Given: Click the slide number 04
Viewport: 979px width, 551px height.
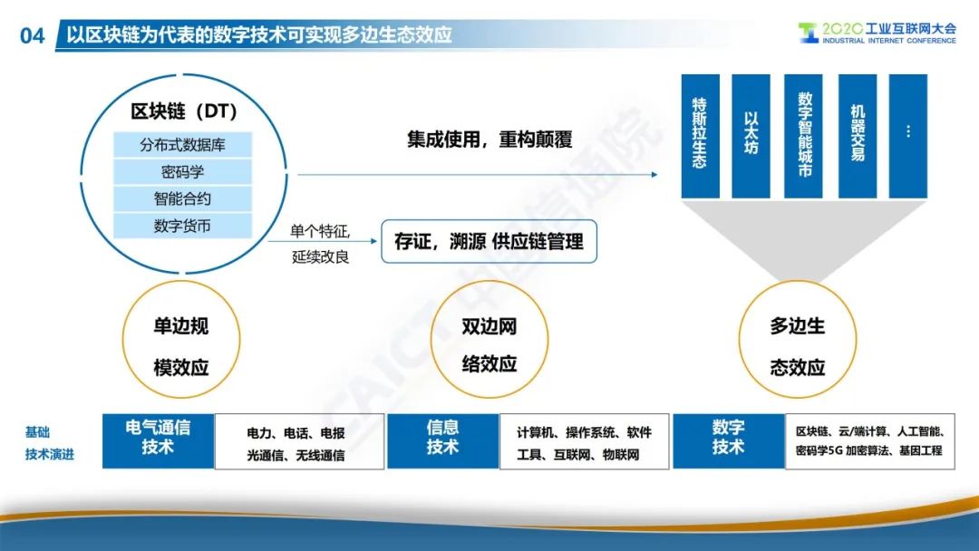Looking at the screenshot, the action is point(33,35).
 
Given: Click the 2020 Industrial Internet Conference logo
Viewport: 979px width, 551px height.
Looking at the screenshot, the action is point(877,33).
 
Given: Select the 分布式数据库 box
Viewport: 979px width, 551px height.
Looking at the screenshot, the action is point(182,145).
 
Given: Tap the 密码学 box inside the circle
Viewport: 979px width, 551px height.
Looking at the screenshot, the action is point(182,171).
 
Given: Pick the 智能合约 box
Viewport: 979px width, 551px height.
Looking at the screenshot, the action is point(182,198).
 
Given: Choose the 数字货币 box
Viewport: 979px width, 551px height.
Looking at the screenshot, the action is point(182,226).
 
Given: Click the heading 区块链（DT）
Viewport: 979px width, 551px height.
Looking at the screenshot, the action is point(184,111).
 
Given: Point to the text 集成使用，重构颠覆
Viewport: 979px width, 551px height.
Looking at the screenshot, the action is point(489,140).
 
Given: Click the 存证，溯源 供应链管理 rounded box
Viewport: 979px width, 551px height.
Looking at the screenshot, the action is point(489,241).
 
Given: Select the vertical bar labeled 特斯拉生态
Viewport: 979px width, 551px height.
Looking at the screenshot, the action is point(700,136).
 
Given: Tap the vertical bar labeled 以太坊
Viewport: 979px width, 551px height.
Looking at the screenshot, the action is point(751,136).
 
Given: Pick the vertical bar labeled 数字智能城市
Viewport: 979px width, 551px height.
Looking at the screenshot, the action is point(803,136).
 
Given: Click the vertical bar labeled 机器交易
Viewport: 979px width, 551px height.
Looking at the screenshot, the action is point(858,136).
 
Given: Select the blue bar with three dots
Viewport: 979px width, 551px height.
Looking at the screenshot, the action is point(907,136).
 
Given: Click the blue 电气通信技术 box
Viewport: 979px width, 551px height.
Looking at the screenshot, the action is point(158,440).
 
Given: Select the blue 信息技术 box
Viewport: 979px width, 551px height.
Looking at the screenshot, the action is point(442,440).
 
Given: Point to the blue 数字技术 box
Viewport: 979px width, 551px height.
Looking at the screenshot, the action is point(728,440).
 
